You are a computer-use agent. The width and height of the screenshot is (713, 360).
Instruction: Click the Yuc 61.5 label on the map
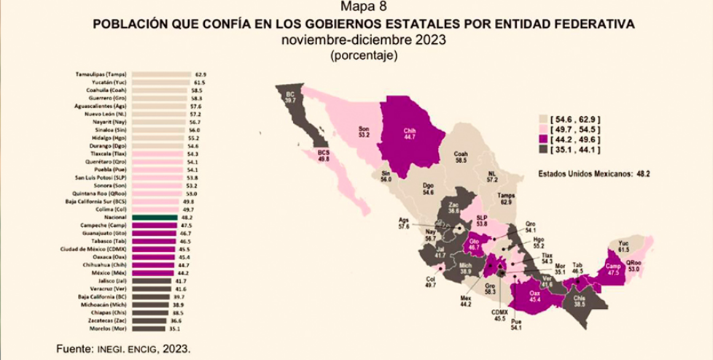tap(623, 246)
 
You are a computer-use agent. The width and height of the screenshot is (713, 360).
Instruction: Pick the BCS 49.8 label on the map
tap(324, 153)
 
